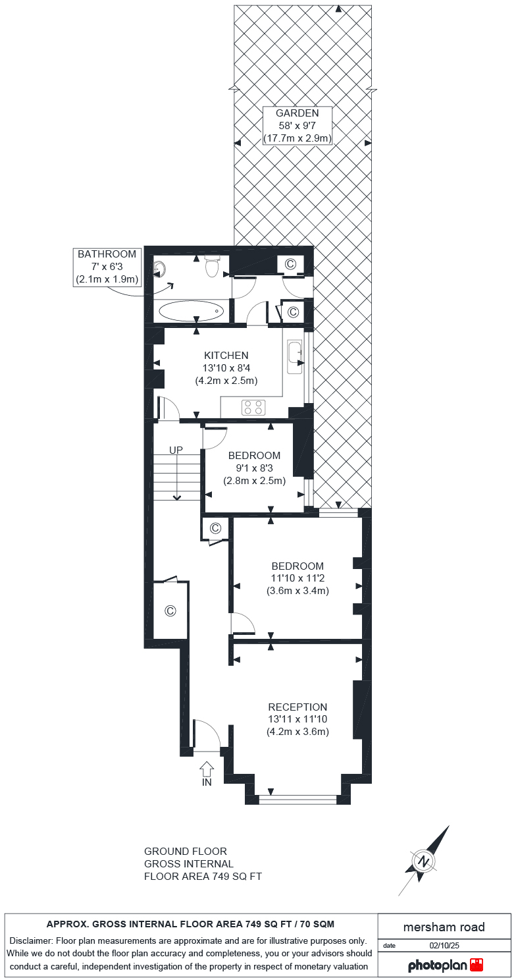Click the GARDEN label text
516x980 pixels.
click(x=297, y=113)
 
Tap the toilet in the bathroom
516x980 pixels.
click(x=212, y=267)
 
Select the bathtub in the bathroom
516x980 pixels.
click(x=191, y=311)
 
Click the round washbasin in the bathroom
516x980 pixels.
click(x=159, y=268)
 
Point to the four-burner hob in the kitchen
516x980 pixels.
click(x=254, y=408)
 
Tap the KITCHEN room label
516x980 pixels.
click(x=226, y=355)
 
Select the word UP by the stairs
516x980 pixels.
click(x=176, y=450)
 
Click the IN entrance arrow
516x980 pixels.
click(x=207, y=769)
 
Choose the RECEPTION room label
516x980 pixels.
click(x=297, y=707)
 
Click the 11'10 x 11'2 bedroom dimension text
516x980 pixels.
click(x=297, y=578)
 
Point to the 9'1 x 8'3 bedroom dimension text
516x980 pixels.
click(x=253, y=468)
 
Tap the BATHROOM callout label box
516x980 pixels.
click(x=107, y=267)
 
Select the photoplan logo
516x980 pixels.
click(x=445, y=966)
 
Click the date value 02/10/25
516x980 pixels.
click(x=444, y=945)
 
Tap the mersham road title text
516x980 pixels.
click(x=444, y=927)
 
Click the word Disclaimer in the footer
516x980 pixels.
click(x=31, y=940)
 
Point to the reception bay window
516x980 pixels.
click(x=297, y=800)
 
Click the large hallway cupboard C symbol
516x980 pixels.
click(x=170, y=611)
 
